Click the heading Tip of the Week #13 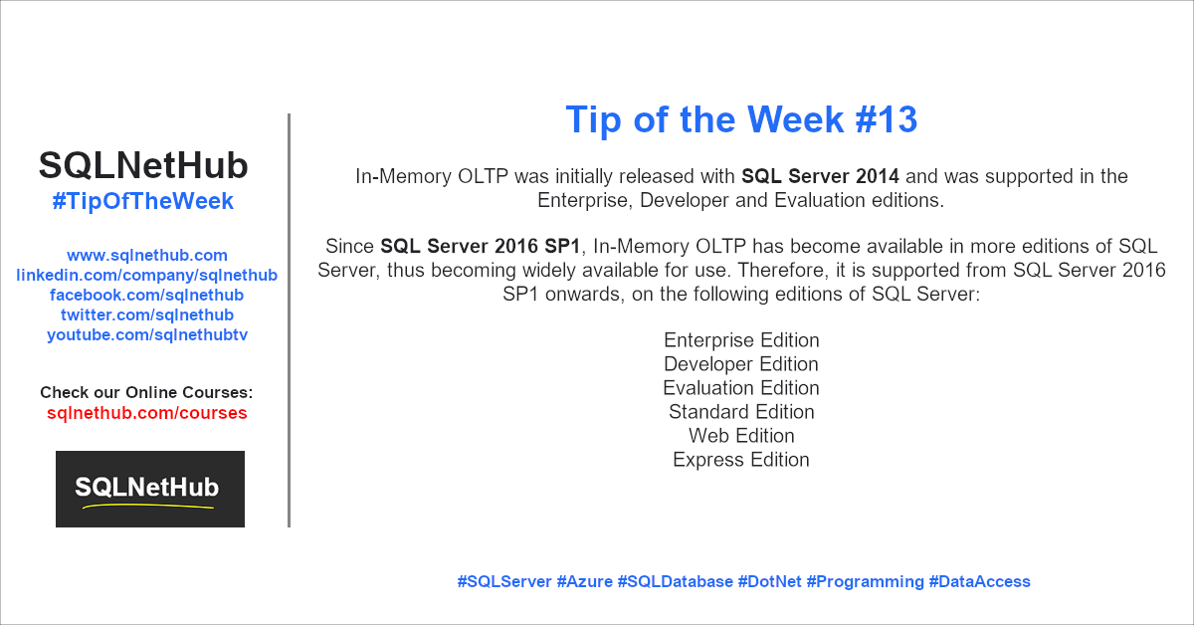[741, 119]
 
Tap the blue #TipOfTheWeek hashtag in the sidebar [143, 201]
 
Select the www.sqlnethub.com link [147, 255]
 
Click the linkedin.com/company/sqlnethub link [146, 275]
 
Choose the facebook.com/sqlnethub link [146, 295]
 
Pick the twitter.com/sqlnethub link [147, 314]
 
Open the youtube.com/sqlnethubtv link [147, 334]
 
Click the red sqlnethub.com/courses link [146, 413]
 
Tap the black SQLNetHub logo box [150, 489]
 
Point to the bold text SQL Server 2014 [820, 176]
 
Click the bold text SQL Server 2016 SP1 [480, 246]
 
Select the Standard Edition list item [741, 412]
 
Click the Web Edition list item [741, 436]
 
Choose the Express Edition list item [741, 460]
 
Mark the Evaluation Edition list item [741, 388]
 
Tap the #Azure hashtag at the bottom [585, 581]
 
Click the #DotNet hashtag [769, 581]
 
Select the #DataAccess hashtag [979, 581]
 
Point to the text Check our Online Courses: [146, 392]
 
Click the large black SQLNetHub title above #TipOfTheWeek [143, 165]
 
